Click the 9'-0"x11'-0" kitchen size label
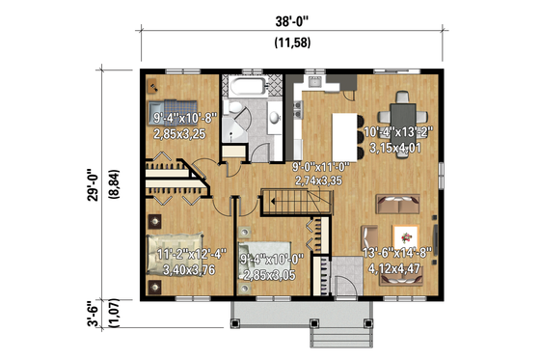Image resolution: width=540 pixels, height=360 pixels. pyautogui.click(x=319, y=174)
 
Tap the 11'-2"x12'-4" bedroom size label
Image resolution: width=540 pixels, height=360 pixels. pyautogui.click(x=192, y=262)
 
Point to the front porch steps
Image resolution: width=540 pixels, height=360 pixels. pyautogui.click(x=338, y=327)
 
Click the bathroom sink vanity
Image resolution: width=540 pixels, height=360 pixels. pyautogui.click(x=274, y=117)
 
